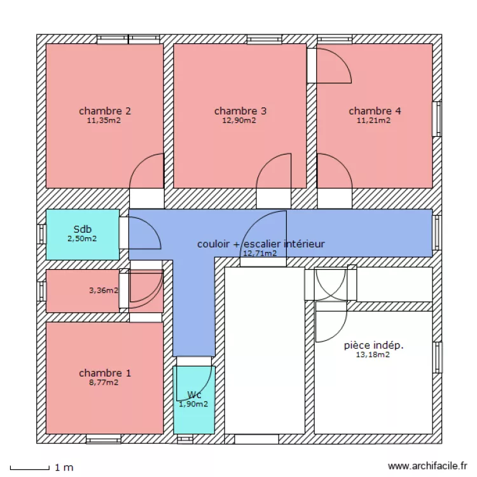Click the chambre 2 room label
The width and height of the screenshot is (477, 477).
tap(105, 111)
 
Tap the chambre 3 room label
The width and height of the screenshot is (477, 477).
tap(240, 111)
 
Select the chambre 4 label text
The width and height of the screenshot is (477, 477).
tap(375, 111)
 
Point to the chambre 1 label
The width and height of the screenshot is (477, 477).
tap(105, 373)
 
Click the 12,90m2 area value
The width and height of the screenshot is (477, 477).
tap(239, 120)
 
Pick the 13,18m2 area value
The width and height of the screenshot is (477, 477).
tap(373, 355)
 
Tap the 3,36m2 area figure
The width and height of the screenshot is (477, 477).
tap(103, 291)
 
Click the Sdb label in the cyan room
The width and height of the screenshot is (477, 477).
tap(83, 230)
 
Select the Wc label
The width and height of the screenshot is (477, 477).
tap(194, 394)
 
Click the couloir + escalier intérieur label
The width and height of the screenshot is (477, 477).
tap(261, 244)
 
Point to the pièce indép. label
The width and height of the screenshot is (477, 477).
tap(373, 345)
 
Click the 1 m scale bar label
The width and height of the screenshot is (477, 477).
tap(64, 467)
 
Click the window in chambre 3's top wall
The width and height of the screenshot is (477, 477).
tap(264, 39)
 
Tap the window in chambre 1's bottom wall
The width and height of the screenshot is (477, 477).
tap(103, 439)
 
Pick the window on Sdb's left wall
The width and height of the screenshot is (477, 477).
tap(42, 233)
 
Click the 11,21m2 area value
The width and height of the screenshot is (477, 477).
tap(373, 120)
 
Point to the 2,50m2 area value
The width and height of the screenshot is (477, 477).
tap(82, 239)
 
